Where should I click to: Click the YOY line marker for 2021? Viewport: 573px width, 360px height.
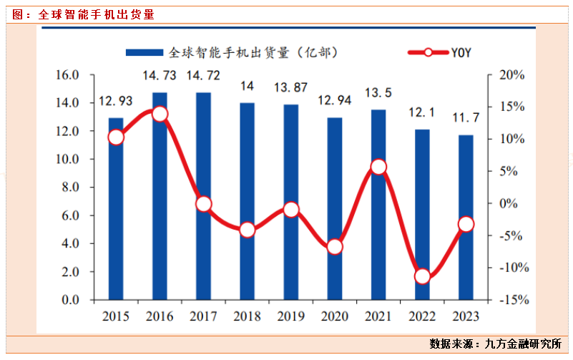(378, 167)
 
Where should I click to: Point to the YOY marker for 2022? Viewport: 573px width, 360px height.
(422, 276)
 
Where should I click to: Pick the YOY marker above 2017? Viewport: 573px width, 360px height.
(204, 204)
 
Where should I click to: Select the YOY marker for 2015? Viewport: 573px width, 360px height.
(116, 137)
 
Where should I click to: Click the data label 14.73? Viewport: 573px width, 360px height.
(160, 76)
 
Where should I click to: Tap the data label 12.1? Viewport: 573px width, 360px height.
(422, 113)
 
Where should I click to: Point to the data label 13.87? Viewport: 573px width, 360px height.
(291, 88)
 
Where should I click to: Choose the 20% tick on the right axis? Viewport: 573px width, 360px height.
(512, 74)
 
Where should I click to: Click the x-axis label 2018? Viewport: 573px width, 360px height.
(248, 316)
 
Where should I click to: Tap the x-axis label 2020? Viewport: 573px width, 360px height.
(335, 316)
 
